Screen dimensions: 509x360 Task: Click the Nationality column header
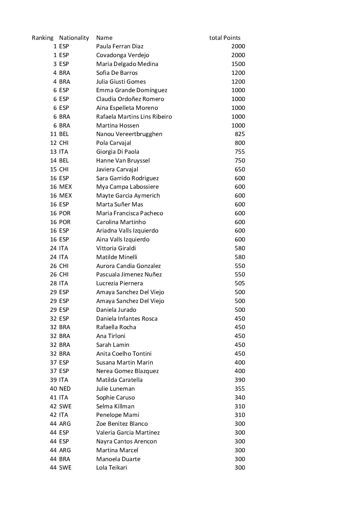[74, 38]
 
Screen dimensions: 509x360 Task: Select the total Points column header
[225, 38]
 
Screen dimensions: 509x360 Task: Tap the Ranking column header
[43, 38]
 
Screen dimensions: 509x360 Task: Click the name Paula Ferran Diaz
[120, 46]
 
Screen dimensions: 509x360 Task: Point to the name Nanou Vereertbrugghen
[129, 134]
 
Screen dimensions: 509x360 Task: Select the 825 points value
[240, 134]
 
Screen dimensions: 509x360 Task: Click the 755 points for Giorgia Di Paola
[240, 152]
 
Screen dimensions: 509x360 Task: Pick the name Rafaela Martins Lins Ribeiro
[134, 117]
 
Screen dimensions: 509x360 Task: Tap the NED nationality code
[65, 389]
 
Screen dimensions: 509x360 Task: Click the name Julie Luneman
[115, 389]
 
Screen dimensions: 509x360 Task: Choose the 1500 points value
[238, 64]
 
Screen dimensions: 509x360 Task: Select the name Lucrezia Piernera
[119, 283]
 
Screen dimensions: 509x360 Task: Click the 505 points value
[240, 283]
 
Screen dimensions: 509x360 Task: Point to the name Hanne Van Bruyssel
[123, 160]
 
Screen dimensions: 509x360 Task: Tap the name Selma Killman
[115, 406]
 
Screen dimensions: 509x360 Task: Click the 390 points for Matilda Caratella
[240, 380]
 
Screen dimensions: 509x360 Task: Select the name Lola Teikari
[111, 468]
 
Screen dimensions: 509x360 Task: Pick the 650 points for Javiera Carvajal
[240, 169]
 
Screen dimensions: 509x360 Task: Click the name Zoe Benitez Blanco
[122, 424]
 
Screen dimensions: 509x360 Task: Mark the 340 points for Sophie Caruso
[240, 397]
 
